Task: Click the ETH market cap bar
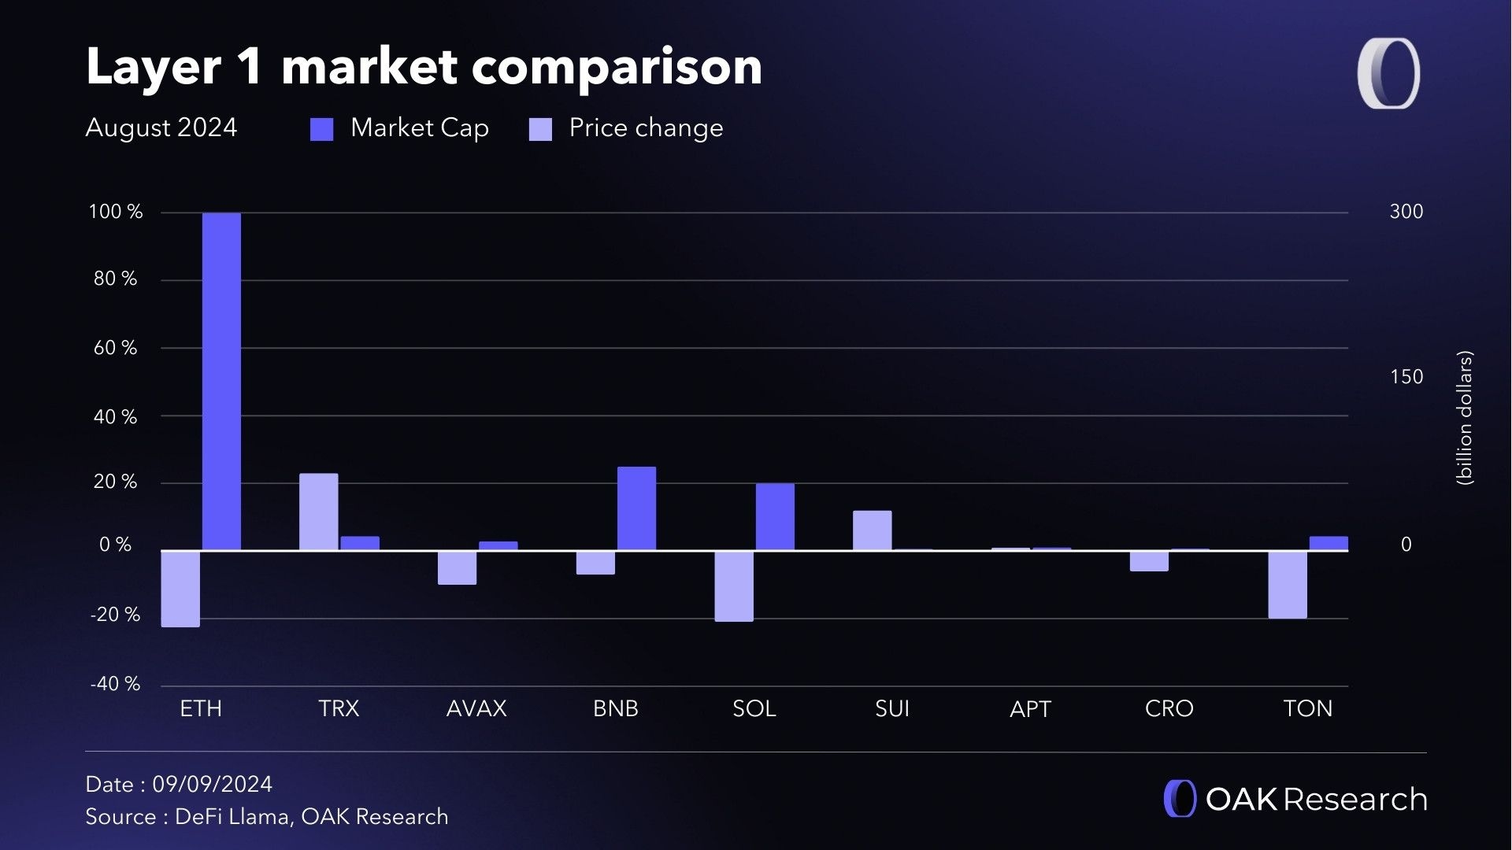pos(221,381)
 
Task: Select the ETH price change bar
pos(180,589)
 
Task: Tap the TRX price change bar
pos(318,512)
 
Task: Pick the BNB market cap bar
pos(636,508)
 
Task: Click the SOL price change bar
pos(734,586)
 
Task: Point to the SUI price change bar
pos(872,530)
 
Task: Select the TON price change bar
pos(1288,585)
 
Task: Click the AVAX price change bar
pos(457,567)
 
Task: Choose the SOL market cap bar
pos(775,516)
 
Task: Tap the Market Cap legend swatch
pos(321,129)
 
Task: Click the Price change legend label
pos(646,128)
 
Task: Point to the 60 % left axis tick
pos(115,348)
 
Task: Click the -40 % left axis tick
pos(115,683)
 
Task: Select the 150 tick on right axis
pos(1406,377)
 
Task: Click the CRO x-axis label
pos(1169,708)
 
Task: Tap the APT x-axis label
pos(1030,709)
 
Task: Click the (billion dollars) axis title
pos(1464,418)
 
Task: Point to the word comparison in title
pos(617,67)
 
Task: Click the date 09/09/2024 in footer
pos(212,784)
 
